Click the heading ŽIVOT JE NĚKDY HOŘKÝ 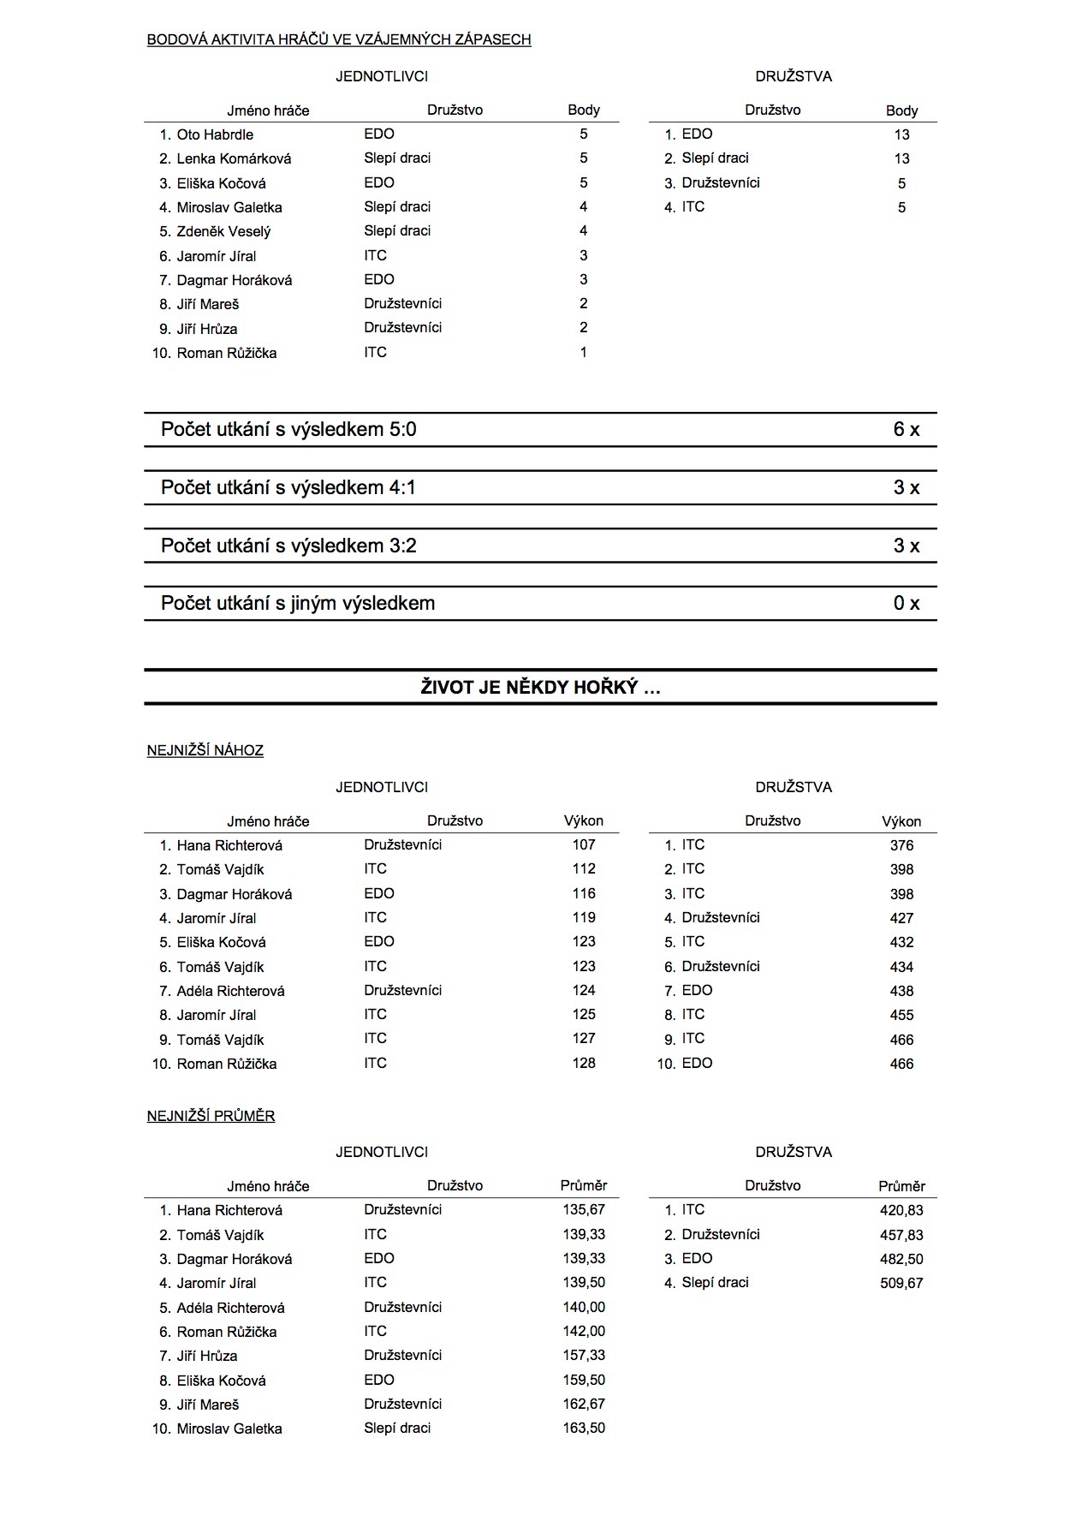click(540, 687)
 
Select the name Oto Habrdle click(215, 134)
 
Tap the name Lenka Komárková click(234, 158)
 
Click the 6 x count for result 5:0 click(906, 430)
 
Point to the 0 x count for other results click(906, 604)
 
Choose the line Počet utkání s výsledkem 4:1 click(288, 488)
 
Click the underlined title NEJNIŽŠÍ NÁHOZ click(205, 751)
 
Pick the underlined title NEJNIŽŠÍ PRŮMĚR click(211, 1116)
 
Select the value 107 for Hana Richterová click(584, 845)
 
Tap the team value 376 click(901, 846)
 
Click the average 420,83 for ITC click(901, 1211)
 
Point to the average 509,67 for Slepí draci click(901, 1283)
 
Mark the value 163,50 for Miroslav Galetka click(584, 1429)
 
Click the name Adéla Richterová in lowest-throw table click(230, 991)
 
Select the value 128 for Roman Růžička click(584, 1064)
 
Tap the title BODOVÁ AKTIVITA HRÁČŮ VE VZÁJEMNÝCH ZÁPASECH click(339, 40)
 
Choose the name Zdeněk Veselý click(223, 231)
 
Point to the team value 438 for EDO click(901, 991)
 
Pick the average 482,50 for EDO click(901, 1259)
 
